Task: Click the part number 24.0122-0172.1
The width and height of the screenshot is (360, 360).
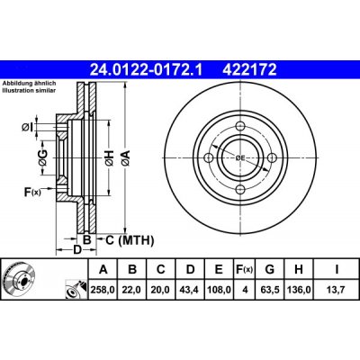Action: tap(147, 70)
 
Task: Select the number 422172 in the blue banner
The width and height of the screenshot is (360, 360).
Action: tap(249, 70)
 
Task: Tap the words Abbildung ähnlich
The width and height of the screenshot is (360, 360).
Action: tap(29, 84)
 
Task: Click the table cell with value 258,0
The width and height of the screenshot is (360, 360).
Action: tap(103, 290)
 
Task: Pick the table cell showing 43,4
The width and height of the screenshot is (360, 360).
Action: tap(190, 290)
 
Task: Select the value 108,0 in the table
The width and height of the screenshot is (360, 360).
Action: tap(219, 290)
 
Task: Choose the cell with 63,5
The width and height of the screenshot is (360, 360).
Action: tap(269, 290)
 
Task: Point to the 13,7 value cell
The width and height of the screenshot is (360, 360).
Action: tap(337, 290)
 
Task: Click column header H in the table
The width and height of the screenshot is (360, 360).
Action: tap(299, 269)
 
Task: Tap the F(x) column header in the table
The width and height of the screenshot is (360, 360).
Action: tap(244, 269)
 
